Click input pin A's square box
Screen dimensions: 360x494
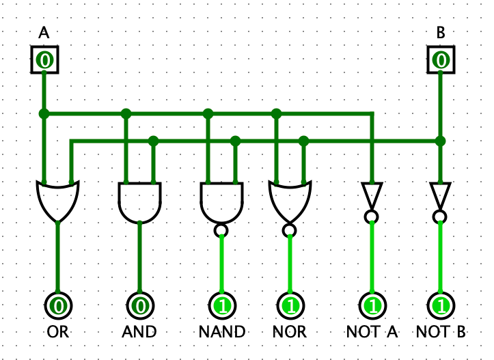[x=44, y=60]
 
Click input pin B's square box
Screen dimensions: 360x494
[x=441, y=60]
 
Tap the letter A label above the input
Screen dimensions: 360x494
[x=44, y=33]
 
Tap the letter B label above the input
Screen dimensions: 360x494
[x=441, y=33]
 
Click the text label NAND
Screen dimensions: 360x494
[x=222, y=333]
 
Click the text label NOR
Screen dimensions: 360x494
[x=290, y=333]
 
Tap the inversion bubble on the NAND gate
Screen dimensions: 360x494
[x=221, y=230]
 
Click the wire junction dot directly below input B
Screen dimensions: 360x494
[x=441, y=141]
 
